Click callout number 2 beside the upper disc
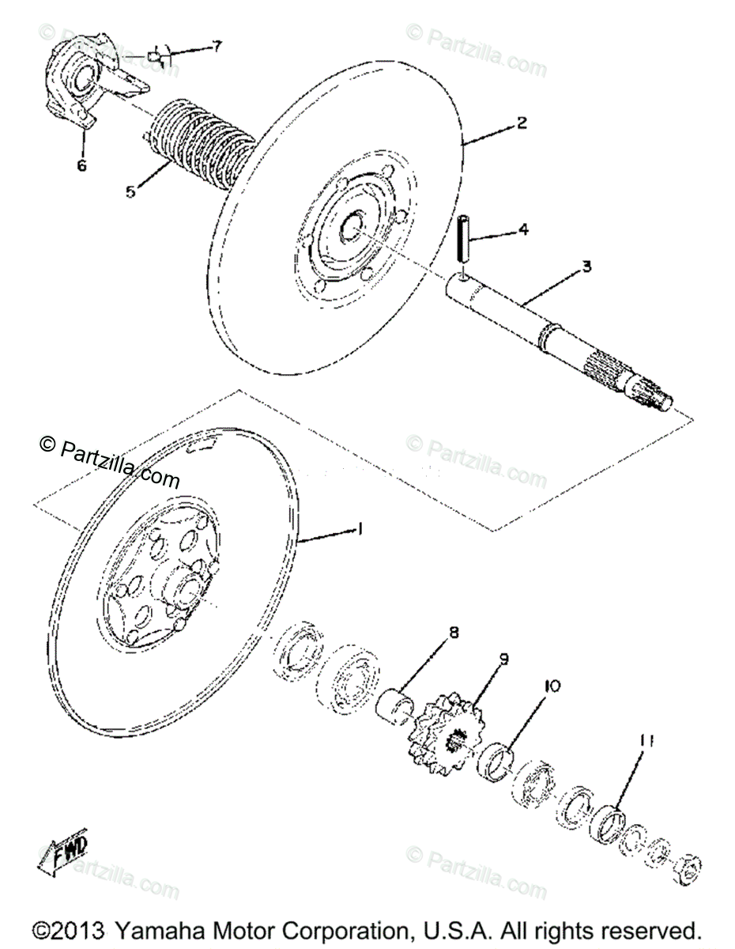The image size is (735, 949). pos(522,123)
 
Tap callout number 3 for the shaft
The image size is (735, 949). pos(586,267)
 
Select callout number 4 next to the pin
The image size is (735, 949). pos(522,231)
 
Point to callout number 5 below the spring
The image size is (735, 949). pos(131,191)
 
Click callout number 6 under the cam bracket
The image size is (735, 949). pos(82,165)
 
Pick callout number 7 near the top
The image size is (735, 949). pos(217,46)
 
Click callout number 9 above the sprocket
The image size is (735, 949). pos(503,658)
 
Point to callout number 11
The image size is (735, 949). pos(647,741)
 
